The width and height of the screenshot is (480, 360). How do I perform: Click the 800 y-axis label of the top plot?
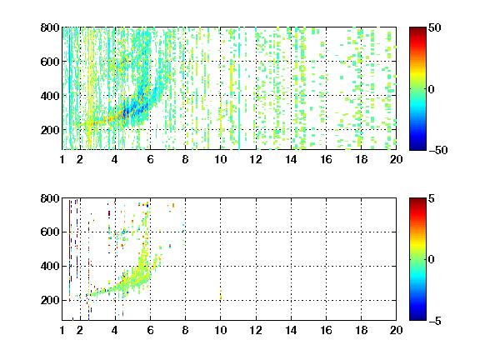pos(50,27)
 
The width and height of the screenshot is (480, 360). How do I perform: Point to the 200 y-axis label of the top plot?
pos(50,130)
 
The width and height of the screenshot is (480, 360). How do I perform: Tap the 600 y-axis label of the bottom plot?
pos(50,232)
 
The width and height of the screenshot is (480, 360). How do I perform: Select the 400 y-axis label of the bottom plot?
pos(50,266)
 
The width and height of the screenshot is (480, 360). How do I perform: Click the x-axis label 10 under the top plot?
pos(220,159)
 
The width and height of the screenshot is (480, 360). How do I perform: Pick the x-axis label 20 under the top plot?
pos(396,159)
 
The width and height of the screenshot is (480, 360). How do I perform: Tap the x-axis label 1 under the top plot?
pos(62,159)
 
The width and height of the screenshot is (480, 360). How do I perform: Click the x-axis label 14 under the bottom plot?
pos(291,330)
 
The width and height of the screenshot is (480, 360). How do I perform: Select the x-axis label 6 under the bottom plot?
pos(150,330)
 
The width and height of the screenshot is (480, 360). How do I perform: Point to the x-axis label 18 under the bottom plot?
pos(361,330)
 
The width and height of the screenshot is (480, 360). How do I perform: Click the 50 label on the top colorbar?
pos(434,27)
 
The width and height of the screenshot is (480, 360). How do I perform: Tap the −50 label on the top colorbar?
pos(437,150)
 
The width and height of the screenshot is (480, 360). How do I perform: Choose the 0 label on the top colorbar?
pos(432,89)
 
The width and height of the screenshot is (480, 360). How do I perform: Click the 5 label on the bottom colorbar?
pos(432,198)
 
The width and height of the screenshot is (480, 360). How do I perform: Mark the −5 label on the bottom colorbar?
pos(435,321)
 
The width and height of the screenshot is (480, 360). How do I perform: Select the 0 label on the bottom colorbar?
pos(432,260)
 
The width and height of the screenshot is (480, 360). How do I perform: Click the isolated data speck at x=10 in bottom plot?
pos(221,294)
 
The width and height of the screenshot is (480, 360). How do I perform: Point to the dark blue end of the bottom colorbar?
pos(417,317)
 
